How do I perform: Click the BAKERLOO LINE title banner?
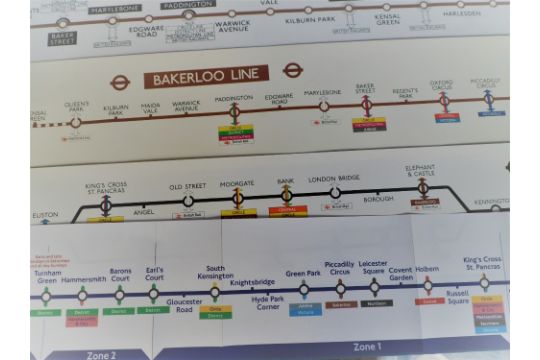(x=206, y=76)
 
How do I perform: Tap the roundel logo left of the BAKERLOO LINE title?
(x=120, y=82)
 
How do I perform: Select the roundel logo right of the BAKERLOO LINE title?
(x=292, y=70)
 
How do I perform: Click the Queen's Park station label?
(x=77, y=107)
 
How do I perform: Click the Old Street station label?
(x=187, y=187)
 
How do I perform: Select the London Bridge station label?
(x=335, y=178)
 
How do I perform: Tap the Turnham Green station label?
(x=47, y=276)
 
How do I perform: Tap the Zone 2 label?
(x=100, y=354)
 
